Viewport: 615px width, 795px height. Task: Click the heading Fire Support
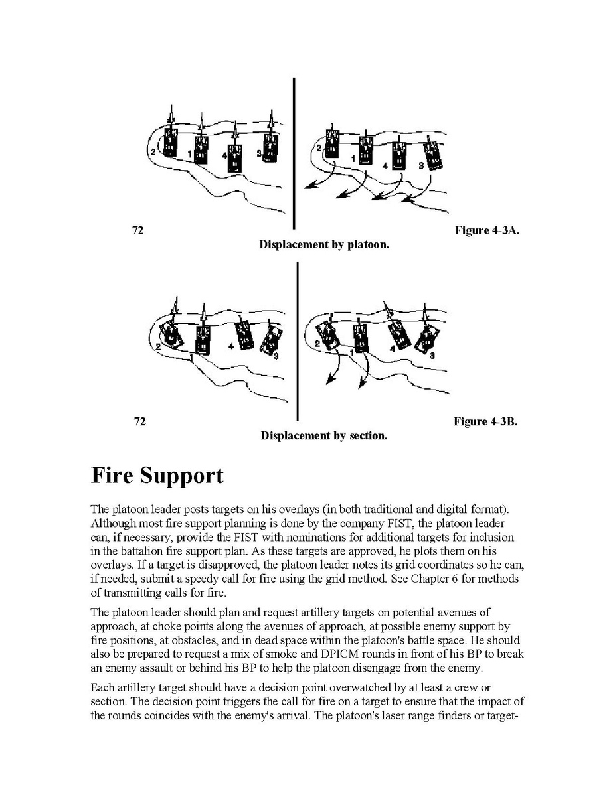[157, 476]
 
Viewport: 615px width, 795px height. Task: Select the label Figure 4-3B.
[485, 422]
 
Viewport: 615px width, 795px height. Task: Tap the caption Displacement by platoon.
[323, 244]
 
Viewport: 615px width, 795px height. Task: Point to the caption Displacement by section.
[323, 436]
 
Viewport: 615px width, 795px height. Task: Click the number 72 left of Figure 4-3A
[138, 231]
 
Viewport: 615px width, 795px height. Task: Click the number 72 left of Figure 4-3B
[139, 422]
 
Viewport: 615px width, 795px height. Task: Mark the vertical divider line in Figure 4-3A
[293, 153]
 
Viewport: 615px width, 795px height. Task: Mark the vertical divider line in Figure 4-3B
[297, 341]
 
